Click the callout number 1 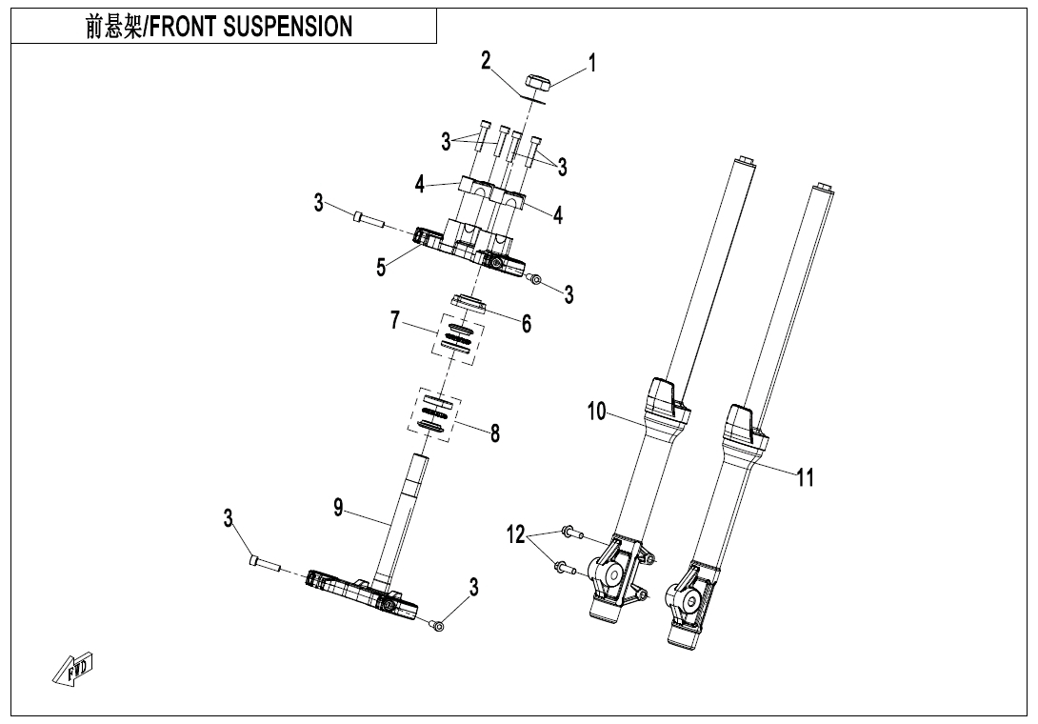(x=591, y=64)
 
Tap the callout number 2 (x=486, y=61)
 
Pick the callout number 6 (x=526, y=324)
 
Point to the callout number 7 (x=395, y=321)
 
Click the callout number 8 (x=495, y=433)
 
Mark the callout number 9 (x=338, y=508)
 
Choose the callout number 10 (x=596, y=412)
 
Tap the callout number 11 (x=806, y=477)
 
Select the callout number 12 (x=515, y=535)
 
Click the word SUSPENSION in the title (x=289, y=27)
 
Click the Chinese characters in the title (x=112, y=27)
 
